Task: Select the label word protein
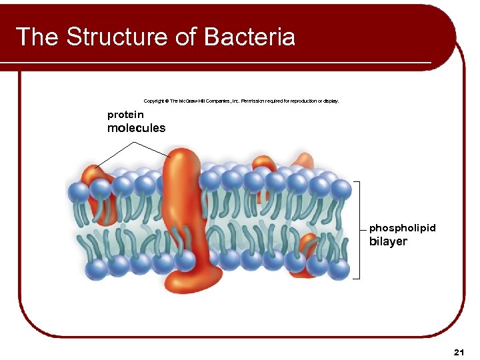[125, 115]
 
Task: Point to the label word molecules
[136, 128]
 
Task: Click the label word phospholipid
[402, 228]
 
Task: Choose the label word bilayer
[388, 241]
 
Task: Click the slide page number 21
[457, 351]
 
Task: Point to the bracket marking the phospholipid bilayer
[359, 229]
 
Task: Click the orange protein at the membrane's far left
[100, 193]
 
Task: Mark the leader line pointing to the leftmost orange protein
[115, 155]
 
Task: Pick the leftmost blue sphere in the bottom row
[97, 270]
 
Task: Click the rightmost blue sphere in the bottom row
[339, 269]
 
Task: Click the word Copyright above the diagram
[155, 101]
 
